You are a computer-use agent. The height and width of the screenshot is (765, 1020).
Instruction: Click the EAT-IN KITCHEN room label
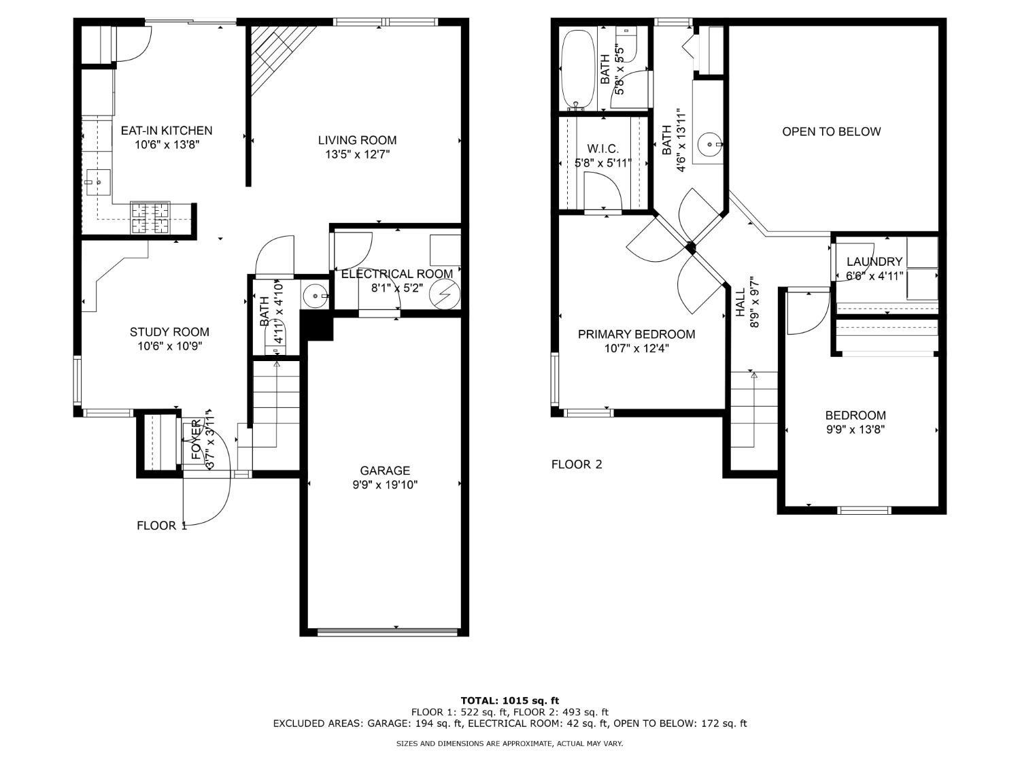tap(167, 131)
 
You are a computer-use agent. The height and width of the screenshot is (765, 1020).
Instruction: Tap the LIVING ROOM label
tap(357, 140)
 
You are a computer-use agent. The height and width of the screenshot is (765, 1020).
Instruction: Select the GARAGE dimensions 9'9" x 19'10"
tap(385, 485)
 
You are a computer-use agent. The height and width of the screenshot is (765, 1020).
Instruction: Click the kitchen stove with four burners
tap(150, 218)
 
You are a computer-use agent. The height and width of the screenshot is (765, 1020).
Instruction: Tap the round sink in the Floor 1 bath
tap(316, 295)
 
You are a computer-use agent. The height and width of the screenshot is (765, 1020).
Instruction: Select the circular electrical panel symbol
tap(445, 294)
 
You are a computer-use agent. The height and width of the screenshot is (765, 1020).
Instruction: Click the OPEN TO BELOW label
tap(832, 131)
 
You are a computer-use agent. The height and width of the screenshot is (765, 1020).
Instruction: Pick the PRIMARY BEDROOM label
tap(636, 334)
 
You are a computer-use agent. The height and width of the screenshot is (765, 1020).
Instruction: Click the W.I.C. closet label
tap(602, 149)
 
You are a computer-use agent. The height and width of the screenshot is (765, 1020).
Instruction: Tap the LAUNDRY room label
tap(874, 262)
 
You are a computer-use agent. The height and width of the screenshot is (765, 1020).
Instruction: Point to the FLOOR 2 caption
tap(576, 464)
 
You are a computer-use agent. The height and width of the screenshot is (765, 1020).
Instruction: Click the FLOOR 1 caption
tap(161, 526)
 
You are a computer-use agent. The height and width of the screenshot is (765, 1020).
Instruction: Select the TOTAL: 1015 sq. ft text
tap(510, 700)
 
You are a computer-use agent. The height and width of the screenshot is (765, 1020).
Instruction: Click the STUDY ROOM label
tap(169, 332)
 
